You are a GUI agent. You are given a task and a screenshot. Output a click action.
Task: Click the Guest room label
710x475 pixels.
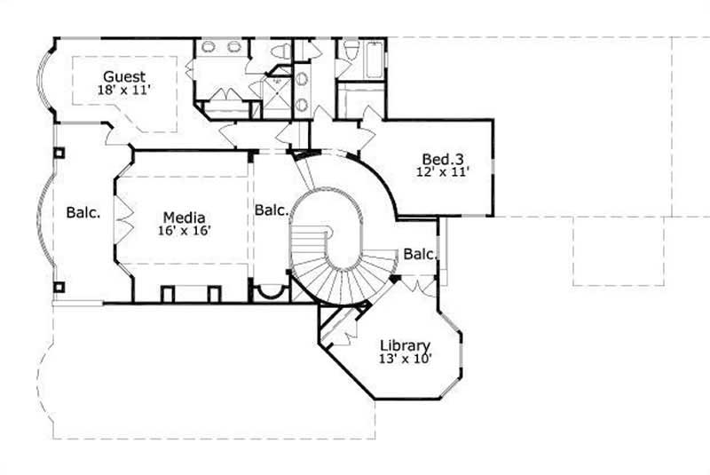click(123, 76)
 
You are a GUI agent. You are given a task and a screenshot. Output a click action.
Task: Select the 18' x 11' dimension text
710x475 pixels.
click(123, 90)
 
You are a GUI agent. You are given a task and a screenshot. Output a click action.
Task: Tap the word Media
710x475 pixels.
click(184, 217)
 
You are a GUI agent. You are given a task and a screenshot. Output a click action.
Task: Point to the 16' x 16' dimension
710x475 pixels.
click(184, 230)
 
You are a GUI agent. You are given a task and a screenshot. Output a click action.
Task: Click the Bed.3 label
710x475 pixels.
click(441, 160)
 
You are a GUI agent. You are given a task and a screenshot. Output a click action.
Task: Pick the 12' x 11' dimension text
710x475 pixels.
click(441, 173)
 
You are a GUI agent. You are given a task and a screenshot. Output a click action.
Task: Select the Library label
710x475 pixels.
click(405, 345)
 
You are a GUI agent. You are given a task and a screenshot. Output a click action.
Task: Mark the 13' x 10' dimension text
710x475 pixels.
click(405, 359)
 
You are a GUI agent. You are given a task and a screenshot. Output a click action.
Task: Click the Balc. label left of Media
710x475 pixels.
click(83, 213)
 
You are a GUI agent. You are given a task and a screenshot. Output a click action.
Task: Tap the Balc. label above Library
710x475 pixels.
click(420, 255)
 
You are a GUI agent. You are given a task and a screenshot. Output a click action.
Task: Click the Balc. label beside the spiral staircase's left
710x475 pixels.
click(271, 210)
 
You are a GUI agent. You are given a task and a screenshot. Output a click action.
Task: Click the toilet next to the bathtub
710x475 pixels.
click(351, 49)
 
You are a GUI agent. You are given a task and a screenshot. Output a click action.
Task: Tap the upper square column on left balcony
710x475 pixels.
click(59, 153)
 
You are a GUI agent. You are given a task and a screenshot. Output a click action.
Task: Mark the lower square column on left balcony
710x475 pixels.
click(59, 287)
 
